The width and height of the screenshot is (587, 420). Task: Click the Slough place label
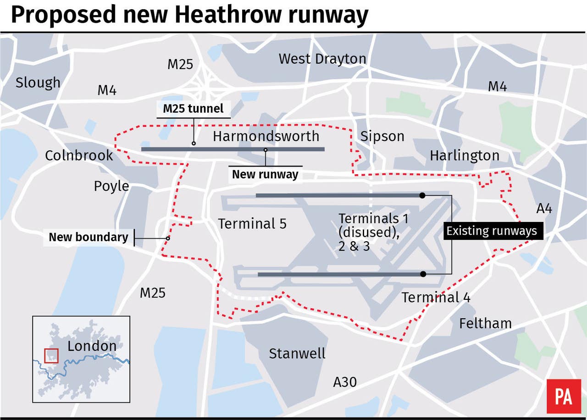click(38, 83)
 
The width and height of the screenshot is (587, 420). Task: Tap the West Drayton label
click(322, 59)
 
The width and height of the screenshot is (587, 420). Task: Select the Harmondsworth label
click(266, 136)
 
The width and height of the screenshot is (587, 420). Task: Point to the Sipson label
click(382, 136)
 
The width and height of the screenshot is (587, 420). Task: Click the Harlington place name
click(464, 155)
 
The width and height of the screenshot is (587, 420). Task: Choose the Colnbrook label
click(79, 155)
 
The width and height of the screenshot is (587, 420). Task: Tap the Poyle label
click(111, 186)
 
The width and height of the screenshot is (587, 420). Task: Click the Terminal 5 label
click(252, 224)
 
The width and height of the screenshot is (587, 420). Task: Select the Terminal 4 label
click(436, 297)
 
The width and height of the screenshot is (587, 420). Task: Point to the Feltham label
click(485, 323)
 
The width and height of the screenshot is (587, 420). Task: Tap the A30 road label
click(345, 381)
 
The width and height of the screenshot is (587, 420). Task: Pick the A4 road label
click(544, 209)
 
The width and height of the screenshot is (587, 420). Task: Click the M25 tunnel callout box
click(194, 109)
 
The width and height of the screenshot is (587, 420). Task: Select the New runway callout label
click(265, 174)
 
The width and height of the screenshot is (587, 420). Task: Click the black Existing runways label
click(492, 231)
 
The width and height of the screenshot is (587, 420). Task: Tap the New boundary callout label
click(89, 237)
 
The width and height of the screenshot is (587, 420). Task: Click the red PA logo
click(563, 396)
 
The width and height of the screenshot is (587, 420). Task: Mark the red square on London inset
click(51, 355)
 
